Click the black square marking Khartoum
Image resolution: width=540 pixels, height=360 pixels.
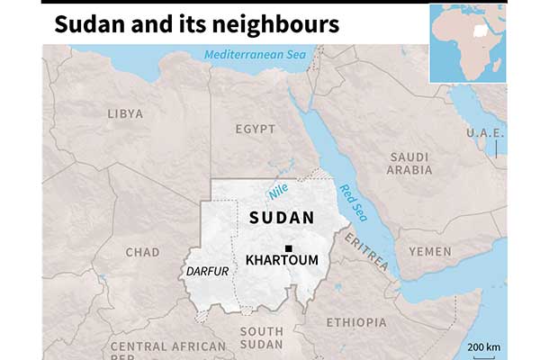(288, 248)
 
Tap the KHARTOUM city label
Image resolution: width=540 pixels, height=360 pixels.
(282, 261)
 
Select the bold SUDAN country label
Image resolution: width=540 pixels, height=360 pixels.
(282, 218)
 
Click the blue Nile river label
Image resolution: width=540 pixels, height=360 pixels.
(278, 191)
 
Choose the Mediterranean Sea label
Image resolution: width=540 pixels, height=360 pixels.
(255, 55)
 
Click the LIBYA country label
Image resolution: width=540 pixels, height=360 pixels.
(125, 114)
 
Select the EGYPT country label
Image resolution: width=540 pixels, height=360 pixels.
(256, 130)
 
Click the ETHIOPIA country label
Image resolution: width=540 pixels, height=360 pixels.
(356, 322)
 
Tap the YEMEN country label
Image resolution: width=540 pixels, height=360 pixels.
(429, 251)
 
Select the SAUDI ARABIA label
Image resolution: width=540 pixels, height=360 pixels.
(410, 163)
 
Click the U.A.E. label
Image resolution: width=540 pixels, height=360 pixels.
(486, 133)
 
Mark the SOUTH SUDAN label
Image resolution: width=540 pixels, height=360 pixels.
(261, 338)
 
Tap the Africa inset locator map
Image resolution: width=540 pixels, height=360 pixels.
(467, 42)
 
